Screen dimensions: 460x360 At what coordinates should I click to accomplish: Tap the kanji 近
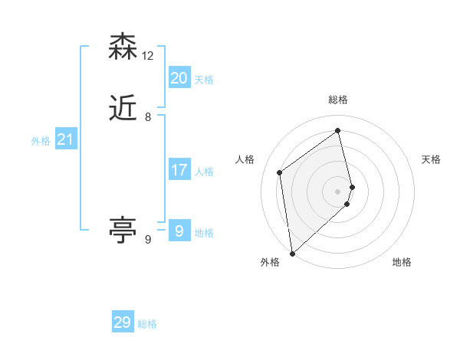123,110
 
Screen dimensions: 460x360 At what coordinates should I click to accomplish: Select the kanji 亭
123,230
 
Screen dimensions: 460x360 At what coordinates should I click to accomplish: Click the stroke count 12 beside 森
148,56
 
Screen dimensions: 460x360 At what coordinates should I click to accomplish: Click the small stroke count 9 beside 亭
148,240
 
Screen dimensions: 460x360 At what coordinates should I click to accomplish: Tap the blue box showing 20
179,77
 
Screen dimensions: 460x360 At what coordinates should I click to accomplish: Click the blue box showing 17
179,170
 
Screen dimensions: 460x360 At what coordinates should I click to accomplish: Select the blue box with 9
179,231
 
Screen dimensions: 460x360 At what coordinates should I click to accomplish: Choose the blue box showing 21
65,139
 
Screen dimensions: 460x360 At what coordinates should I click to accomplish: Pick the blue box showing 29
123,322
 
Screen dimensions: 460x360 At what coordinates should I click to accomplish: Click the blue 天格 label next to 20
204,80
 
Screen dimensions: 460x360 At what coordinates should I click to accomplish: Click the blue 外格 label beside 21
41,141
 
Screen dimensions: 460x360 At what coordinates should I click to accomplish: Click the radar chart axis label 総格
338,100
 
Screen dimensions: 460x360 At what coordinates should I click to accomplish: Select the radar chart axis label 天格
431,159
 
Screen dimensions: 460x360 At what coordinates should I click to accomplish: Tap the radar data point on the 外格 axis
292,253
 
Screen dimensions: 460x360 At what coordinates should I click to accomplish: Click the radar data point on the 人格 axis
280,172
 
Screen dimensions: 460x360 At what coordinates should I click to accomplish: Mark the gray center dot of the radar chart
338,191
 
